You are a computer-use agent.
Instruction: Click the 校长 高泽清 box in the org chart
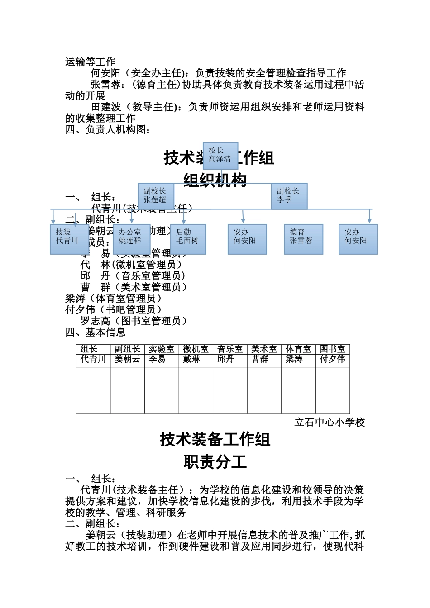coord(220,155)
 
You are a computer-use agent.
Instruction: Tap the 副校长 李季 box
coord(289,195)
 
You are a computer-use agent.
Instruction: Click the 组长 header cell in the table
coord(89,349)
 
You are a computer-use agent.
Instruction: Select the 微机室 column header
coord(196,349)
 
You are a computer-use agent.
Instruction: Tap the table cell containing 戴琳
coord(191,359)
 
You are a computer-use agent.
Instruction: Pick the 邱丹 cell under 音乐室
coord(226,359)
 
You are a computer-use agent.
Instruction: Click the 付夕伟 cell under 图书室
coord(332,359)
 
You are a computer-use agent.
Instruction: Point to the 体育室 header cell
coord(298,349)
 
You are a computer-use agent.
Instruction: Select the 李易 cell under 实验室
coord(157,359)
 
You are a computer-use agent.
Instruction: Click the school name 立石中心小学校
coord(330,423)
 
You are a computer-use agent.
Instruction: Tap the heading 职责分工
coord(215,462)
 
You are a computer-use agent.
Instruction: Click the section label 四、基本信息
coord(95,332)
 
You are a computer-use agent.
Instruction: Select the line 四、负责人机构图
coord(108,130)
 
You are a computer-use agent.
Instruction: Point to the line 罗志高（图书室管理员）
coord(134,321)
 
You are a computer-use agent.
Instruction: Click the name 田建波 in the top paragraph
coord(106,107)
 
